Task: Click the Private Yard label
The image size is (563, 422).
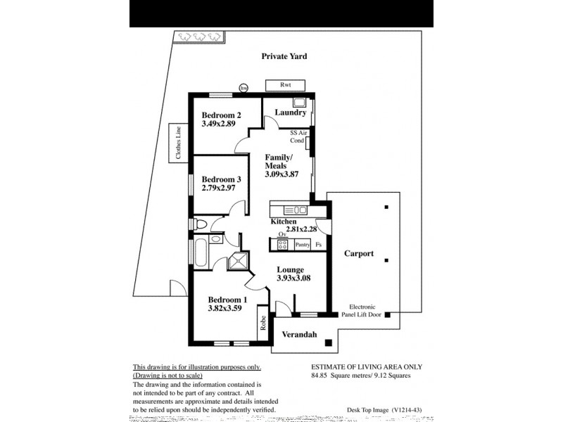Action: (284, 56)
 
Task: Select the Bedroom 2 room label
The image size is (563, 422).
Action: (222, 115)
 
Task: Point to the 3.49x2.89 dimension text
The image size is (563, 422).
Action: (218, 124)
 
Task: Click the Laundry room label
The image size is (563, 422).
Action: (290, 113)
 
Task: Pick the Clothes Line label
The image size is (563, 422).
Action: (179, 143)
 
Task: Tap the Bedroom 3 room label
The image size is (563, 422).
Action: (222, 179)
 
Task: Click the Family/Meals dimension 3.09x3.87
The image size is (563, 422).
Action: (281, 174)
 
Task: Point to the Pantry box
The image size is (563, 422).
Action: (303, 245)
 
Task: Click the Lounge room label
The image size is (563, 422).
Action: (290, 269)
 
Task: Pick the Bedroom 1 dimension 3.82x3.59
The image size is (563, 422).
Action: (225, 307)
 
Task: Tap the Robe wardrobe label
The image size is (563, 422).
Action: (262, 324)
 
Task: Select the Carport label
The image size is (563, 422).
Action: (359, 254)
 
